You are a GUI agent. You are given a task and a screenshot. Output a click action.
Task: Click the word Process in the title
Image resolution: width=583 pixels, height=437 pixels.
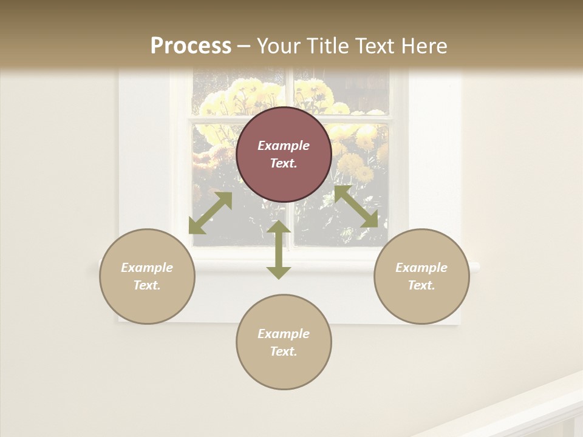(191, 46)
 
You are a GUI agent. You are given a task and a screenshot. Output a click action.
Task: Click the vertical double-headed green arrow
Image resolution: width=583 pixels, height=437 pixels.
(279, 249)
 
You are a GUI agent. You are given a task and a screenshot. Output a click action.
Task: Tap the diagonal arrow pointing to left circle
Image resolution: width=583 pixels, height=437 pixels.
(210, 213)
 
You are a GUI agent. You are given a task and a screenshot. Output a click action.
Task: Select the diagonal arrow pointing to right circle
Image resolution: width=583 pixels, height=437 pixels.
(356, 207)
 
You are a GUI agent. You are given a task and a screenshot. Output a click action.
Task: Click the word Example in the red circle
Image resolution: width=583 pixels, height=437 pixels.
(284, 146)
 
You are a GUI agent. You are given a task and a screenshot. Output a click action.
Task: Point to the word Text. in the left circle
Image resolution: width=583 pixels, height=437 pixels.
(147, 285)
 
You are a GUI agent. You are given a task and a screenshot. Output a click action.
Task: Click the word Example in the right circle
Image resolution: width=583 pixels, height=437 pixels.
(421, 268)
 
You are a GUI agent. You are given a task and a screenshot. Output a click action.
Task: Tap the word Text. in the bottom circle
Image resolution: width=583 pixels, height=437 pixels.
(284, 351)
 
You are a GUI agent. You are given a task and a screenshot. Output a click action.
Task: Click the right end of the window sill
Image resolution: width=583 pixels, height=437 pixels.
(474, 266)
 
